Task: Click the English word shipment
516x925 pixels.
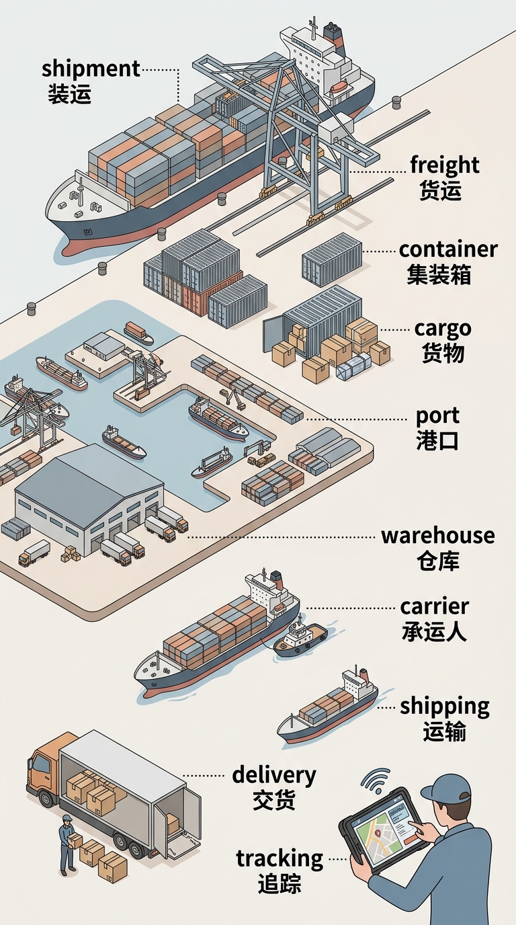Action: pyautogui.click(x=91, y=69)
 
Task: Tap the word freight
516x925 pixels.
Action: pyautogui.click(x=445, y=165)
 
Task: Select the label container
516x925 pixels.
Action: pyautogui.click(x=448, y=249)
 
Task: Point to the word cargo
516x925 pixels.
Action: pyautogui.click(x=443, y=329)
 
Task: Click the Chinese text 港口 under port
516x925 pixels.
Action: pyautogui.click(x=437, y=440)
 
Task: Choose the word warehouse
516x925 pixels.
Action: pyautogui.click(x=438, y=536)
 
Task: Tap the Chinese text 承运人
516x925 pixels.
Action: pyautogui.click(x=434, y=631)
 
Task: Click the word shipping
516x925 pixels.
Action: pyautogui.click(x=445, y=707)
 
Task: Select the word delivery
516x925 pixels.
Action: pyautogui.click(x=274, y=775)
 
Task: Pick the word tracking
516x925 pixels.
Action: pyautogui.click(x=279, y=859)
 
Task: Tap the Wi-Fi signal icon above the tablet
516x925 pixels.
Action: pyautogui.click(x=376, y=780)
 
